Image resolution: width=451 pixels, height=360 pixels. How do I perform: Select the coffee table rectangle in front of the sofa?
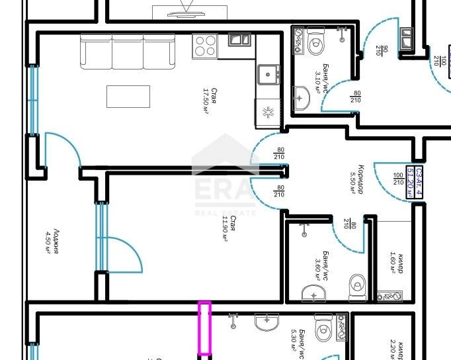pyautogui.click(x=128, y=97)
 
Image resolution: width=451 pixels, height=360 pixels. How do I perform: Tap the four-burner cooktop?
pyautogui.click(x=205, y=45)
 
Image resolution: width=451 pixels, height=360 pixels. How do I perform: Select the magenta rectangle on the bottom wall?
pyautogui.click(x=205, y=328)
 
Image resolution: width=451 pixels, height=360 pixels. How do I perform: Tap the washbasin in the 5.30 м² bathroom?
pyautogui.click(x=268, y=322)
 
